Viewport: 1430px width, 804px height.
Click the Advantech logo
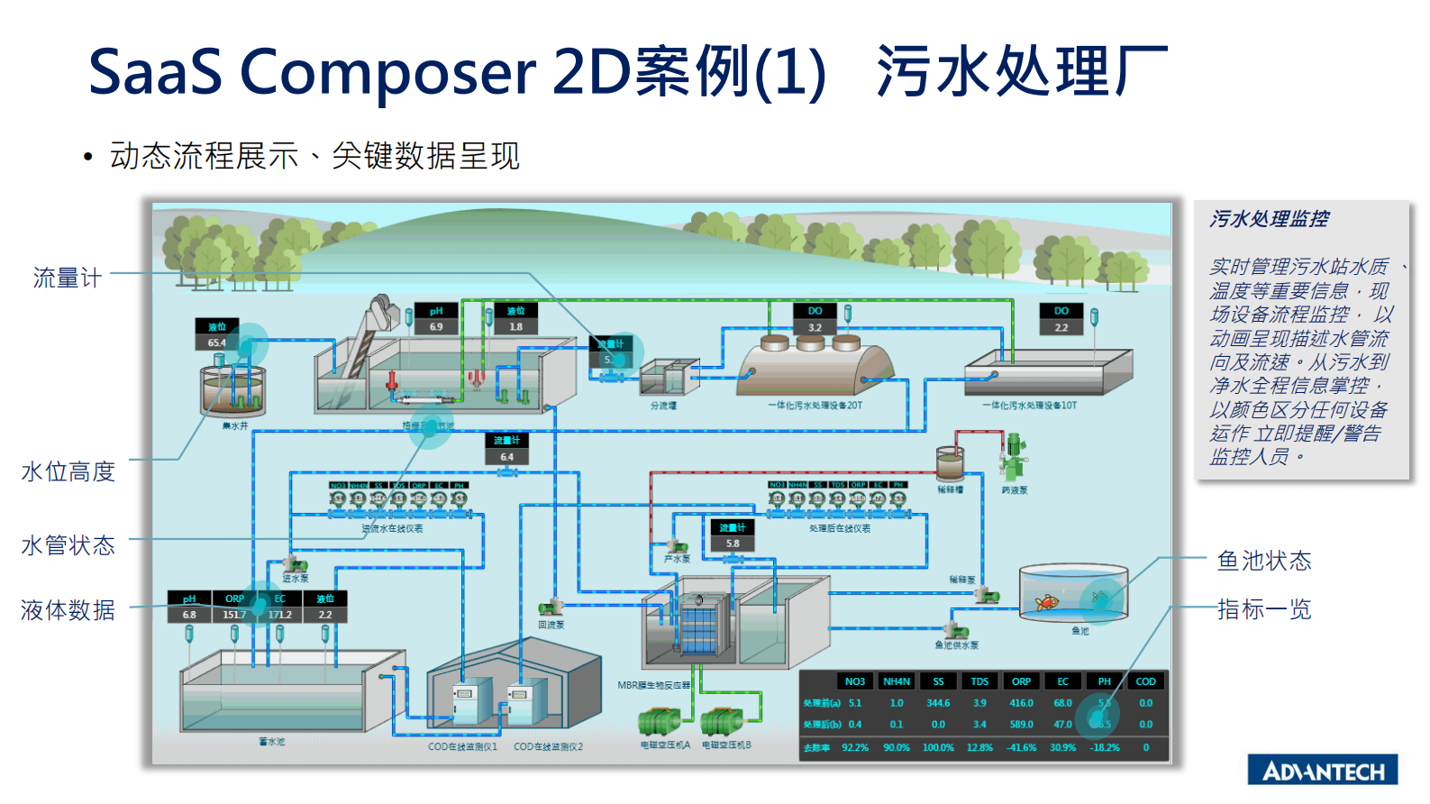(1322, 770)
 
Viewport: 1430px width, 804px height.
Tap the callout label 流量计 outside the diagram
(67, 278)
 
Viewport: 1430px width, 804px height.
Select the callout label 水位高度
(68, 471)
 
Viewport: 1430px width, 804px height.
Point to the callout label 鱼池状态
(1263, 561)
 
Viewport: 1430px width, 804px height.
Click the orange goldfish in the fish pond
(1047, 602)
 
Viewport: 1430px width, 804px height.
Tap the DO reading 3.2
(815, 327)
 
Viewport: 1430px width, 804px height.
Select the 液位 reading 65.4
(216, 343)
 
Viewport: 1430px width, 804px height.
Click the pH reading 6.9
(436, 326)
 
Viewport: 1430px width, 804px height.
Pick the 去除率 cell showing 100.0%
(938, 747)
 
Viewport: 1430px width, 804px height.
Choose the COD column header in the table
(1145, 681)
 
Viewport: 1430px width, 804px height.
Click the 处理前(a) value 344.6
(938, 703)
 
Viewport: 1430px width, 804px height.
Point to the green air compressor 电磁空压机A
(660, 723)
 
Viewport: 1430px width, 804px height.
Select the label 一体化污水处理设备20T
(815, 406)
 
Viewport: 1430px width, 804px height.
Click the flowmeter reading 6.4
(506, 457)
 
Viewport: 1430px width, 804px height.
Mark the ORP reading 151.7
(234, 615)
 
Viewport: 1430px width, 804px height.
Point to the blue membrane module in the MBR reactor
(698, 626)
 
